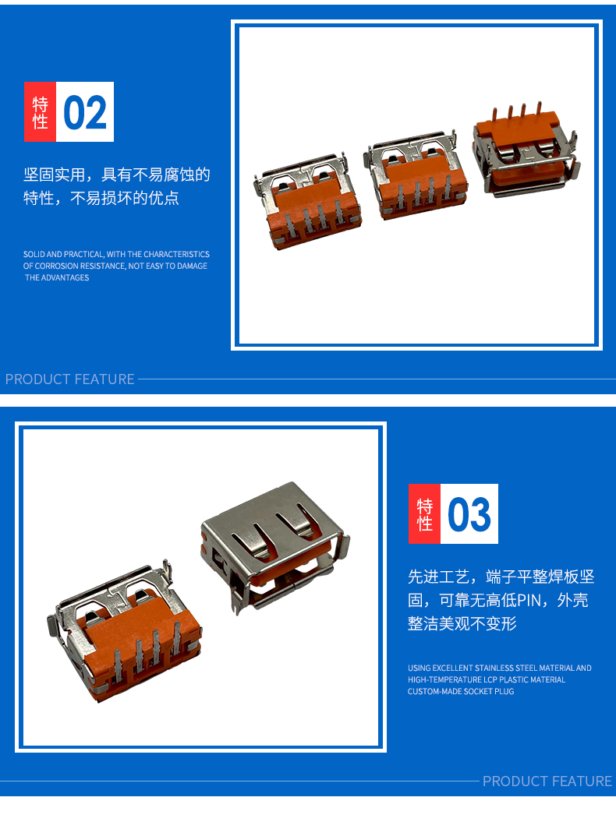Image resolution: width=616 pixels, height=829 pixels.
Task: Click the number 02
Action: click(85, 112)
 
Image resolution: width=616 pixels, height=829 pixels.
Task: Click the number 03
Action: click(469, 514)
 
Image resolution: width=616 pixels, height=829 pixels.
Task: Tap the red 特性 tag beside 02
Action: click(41, 112)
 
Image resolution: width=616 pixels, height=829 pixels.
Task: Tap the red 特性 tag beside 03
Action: click(424, 514)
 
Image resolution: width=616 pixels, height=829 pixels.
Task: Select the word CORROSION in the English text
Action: click(56, 266)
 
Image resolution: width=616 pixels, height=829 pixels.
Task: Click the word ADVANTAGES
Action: click(65, 277)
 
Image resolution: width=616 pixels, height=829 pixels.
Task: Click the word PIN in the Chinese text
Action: click(528, 600)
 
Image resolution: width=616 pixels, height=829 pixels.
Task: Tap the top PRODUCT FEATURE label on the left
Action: click(70, 379)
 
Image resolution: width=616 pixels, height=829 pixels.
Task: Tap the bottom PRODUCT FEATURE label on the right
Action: click(547, 781)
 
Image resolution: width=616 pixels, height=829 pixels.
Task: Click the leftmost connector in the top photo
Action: click(307, 201)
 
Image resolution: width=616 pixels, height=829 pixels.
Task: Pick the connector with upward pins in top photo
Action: click(526, 150)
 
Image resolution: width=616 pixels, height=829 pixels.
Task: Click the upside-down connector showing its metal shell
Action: click(275, 547)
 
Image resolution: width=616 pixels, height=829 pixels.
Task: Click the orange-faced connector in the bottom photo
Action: click(124, 632)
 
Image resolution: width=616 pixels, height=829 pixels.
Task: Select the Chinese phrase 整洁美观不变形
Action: click(462, 623)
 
